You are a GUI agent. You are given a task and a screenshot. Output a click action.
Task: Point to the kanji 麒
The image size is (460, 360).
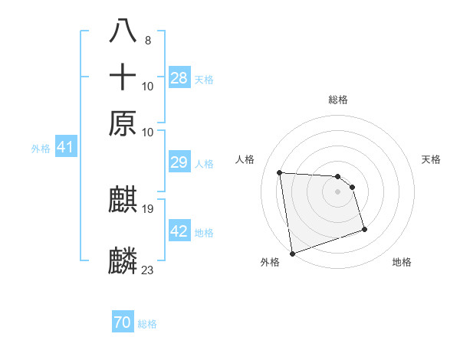pyautogui.click(x=123, y=201)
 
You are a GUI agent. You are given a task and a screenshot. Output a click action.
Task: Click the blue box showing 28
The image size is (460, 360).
pyautogui.click(x=179, y=77)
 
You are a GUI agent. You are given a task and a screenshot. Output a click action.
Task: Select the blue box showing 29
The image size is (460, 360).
pyautogui.click(x=179, y=162)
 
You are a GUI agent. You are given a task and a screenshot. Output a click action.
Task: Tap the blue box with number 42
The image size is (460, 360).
pyautogui.click(x=179, y=231)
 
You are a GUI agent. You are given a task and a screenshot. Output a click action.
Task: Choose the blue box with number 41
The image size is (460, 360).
pyautogui.click(x=65, y=147)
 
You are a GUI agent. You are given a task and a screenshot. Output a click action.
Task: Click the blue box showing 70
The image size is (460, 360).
pyautogui.click(x=122, y=322)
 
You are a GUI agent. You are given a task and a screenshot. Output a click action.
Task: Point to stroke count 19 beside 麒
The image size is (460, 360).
pyautogui.click(x=148, y=208)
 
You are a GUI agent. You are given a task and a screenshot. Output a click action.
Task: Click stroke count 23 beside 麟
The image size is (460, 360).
pyautogui.click(x=148, y=270)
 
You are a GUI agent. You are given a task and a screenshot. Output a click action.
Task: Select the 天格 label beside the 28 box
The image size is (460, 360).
pyautogui.click(x=204, y=79)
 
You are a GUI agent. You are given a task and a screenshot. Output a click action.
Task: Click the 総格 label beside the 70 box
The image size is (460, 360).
pyautogui.click(x=147, y=324)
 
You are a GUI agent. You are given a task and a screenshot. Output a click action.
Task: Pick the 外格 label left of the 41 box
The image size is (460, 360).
pyautogui.click(x=40, y=149)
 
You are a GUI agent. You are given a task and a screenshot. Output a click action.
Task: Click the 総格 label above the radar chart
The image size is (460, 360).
pyautogui.click(x=337, y=100)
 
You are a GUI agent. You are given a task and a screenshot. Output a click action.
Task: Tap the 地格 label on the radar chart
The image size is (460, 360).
pyautogui.click(x=402, y=262)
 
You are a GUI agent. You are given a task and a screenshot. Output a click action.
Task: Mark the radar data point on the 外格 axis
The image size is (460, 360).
pyautogui.click(x=292, y=253)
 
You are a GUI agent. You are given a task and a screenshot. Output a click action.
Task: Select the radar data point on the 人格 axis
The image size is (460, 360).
pyautogui.click(x=280, y=172)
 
